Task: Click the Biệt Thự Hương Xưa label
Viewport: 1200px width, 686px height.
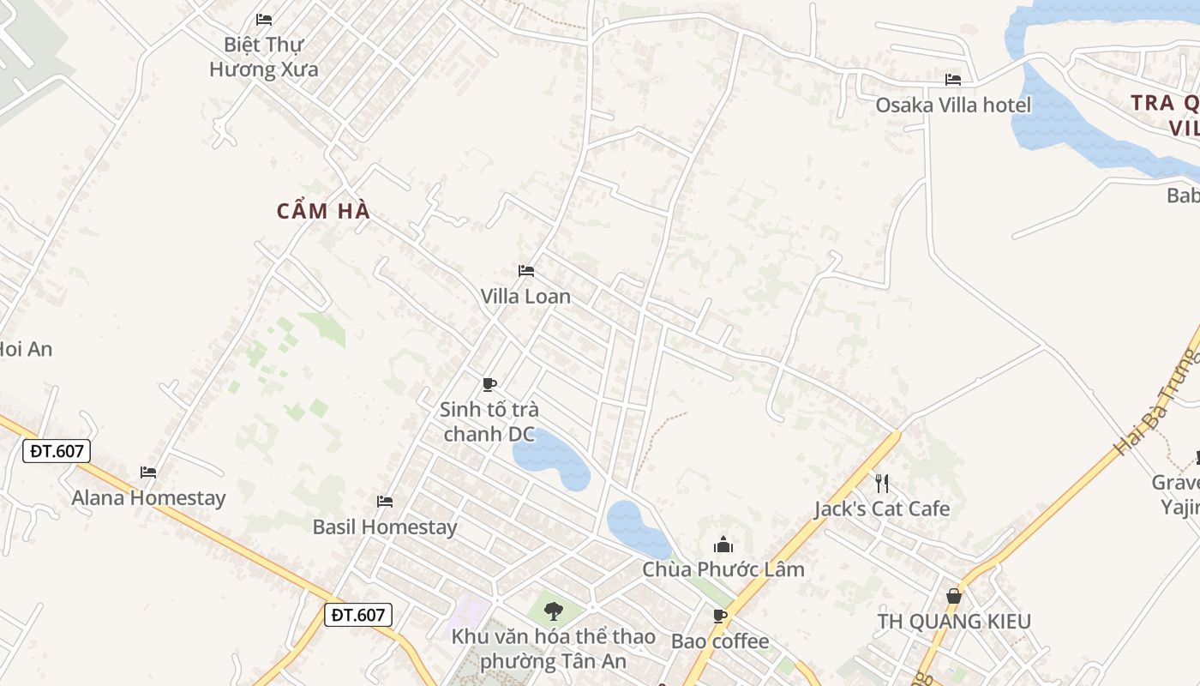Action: point(264,57)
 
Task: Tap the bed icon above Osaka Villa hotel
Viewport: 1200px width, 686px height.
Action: point(953,80)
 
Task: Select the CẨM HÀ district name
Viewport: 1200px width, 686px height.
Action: point(323,211)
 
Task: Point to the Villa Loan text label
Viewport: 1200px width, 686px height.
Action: point(525,297)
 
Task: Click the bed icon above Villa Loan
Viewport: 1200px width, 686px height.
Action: point(526,271)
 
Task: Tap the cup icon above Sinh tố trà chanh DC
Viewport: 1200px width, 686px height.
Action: point(489,384)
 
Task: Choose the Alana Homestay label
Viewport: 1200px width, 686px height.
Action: point(148,497)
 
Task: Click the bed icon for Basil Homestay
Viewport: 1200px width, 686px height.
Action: point(385,501)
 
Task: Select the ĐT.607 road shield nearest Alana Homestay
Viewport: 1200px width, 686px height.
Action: point(57,451)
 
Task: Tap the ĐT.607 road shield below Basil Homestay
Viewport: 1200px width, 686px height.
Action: point(358,614)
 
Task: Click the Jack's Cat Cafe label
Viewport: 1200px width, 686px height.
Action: point(882,508)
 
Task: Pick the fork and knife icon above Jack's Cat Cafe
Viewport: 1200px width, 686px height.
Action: point(881,483)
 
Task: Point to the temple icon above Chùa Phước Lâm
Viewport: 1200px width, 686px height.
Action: point(723,545)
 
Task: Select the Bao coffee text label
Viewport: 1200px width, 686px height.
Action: point(720,641)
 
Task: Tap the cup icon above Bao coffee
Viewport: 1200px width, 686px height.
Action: point(720,616)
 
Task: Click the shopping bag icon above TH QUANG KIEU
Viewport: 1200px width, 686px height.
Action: point(953,595)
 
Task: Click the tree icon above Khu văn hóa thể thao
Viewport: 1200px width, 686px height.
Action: point(554,611)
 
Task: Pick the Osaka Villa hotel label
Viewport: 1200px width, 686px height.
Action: point(953,105)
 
